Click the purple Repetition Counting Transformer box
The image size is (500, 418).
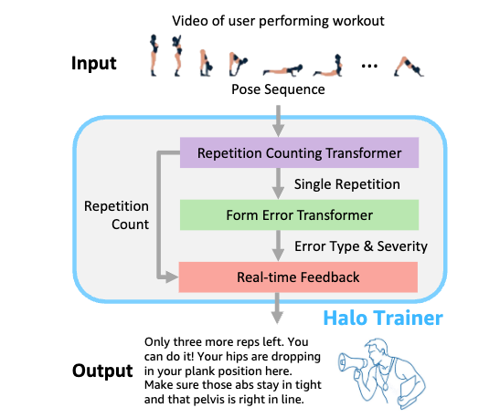point(299,152)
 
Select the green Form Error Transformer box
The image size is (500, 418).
point(299,214)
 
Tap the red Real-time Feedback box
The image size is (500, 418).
point(298,277)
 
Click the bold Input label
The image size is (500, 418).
point(94,64)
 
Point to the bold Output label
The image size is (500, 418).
point(102,371)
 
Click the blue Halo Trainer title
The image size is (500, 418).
point(383,318)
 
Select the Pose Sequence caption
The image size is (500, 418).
point(278,89)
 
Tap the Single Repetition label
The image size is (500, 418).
point(347,184)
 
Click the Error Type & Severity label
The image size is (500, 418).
point(361,246)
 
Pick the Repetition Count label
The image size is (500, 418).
point(116,215)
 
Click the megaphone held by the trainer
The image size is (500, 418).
point(352,362)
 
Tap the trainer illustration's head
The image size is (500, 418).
point(377,350)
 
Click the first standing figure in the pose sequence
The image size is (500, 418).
point(154,55)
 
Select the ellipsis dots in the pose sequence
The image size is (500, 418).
point(369,66)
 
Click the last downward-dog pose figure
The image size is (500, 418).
point(409,67)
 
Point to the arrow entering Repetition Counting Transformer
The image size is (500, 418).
point(279,121)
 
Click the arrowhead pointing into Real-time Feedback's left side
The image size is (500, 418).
point(172,277)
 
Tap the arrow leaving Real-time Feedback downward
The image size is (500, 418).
point(277,308)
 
